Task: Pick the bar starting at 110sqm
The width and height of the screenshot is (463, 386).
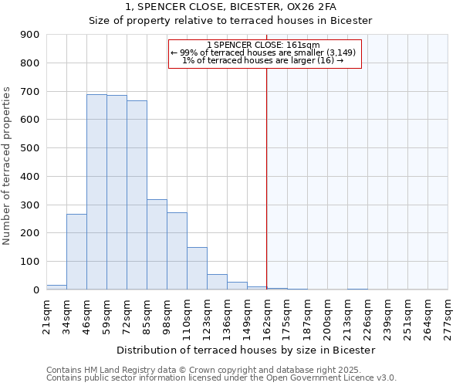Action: pos(197,268)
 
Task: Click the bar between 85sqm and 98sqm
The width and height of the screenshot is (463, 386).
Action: pos(157,244)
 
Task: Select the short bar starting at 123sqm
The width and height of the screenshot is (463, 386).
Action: pos(217,282)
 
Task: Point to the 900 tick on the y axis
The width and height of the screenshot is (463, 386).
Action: pos(29,35)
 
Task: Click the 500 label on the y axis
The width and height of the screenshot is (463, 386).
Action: pos(29,148)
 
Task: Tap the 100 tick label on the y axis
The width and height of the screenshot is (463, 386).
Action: pos(29,262)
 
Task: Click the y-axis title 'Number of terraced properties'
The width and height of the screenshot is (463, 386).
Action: pos(7,166)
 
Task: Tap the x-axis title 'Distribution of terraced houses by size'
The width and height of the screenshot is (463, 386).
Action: pos(240,350)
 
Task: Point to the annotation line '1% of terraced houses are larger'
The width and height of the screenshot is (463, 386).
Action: pos(262,61)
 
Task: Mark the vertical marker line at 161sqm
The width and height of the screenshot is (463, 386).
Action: pos(266,178)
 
